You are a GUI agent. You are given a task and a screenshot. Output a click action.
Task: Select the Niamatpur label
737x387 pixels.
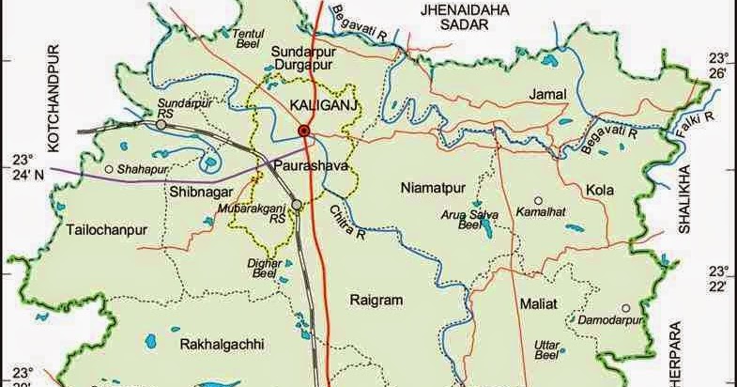point(430,185)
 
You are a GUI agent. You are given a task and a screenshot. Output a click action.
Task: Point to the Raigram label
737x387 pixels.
point(376,301)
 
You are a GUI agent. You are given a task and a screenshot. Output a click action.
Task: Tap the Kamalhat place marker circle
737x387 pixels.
point(537,200)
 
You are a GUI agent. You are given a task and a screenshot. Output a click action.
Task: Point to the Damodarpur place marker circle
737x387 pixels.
point(625,308)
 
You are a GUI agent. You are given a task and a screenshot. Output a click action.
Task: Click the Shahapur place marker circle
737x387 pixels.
point(109,169)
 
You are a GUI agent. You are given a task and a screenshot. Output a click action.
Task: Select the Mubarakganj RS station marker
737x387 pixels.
point(296,204)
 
